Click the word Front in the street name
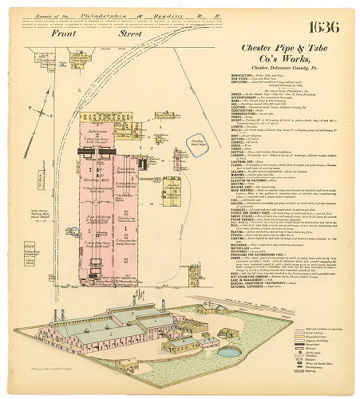65,34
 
